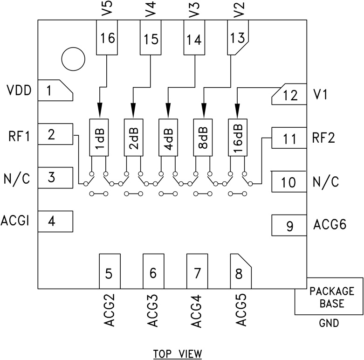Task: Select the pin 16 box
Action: [107, 38]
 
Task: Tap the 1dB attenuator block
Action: [100, 137]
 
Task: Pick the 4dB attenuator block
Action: [169, 137]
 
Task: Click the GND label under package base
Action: [329, 323]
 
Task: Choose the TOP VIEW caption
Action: [178, 354]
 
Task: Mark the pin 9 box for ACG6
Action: [289, 226]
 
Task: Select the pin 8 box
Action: [240, 271]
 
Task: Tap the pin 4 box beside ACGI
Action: [55, 222]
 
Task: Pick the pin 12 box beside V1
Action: [288, 95]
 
